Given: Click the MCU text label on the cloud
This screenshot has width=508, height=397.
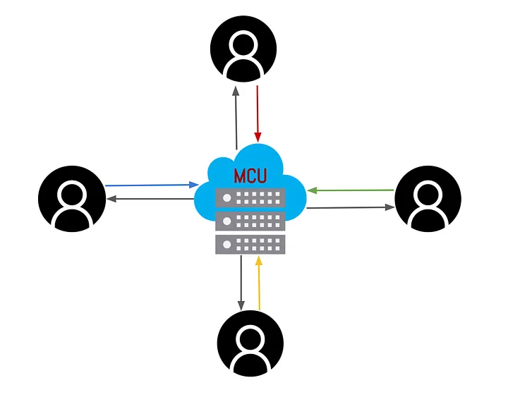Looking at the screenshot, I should [250, 175].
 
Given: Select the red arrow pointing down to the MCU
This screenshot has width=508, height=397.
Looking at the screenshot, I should [258, 113].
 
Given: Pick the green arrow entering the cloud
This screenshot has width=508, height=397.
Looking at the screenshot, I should [350, 190].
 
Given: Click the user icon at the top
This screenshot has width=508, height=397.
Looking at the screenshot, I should [243, 49].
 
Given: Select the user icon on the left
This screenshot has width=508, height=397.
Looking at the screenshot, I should [71, 199].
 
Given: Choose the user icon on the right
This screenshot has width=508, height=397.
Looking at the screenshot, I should [428, 199].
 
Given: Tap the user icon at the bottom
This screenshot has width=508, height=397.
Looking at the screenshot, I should [250, 343].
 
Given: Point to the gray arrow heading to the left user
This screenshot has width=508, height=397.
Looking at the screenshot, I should [150, 199].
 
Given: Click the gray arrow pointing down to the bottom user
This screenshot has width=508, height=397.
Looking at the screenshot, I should [241, 282].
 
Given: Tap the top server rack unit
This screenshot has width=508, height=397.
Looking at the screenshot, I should [250, 198].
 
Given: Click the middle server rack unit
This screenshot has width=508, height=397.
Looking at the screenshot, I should [250, 221].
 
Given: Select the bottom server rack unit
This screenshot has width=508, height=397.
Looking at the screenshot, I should [250, 244].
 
